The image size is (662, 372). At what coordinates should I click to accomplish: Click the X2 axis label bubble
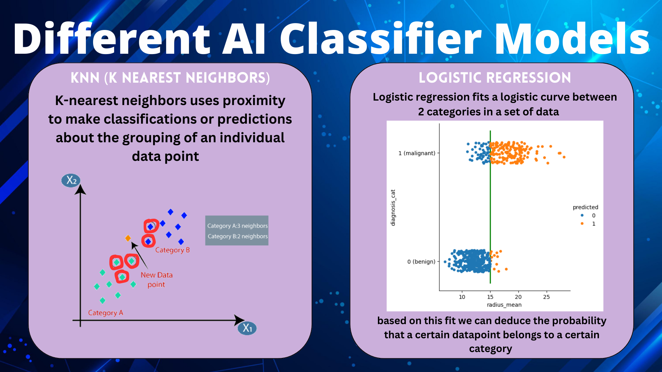71,180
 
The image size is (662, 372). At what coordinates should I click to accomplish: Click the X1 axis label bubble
247,328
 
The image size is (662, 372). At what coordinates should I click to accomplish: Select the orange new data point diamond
128,238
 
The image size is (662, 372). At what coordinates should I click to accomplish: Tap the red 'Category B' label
172,250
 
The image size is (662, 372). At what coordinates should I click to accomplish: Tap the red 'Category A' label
106,313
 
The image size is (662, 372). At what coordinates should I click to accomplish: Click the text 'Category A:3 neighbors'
237,226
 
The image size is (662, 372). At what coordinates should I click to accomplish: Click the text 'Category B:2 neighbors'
237,236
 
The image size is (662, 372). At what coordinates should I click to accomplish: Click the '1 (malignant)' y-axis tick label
417,153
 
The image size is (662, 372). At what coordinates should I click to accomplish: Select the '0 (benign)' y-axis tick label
421,262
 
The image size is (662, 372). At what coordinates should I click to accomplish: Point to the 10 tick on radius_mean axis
462,297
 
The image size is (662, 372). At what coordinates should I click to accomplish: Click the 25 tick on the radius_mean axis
546,297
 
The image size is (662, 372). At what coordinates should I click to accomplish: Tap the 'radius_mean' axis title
504,305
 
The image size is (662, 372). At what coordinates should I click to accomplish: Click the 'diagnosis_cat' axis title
393,208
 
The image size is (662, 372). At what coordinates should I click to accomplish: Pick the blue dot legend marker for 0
582,215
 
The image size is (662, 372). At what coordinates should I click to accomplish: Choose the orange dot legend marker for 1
582,224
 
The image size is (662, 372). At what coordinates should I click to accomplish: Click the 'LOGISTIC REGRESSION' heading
495,78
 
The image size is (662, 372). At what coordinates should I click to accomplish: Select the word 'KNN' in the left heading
85,78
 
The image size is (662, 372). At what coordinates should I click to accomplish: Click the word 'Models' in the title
572,39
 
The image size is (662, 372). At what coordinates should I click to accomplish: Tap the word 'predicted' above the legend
585,207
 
